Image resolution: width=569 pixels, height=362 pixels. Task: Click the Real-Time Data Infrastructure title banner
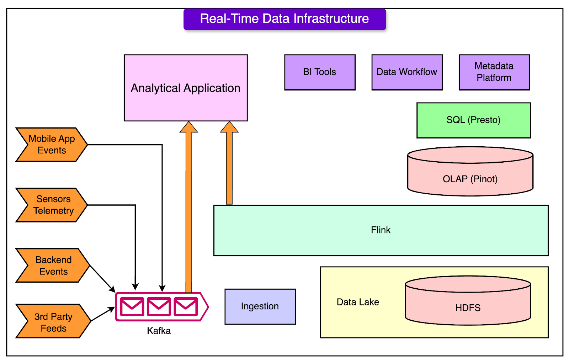pos(284,19)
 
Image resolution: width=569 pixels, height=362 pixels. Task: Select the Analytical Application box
pos(186,88)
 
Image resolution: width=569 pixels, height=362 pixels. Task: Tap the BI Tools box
pos(320,72)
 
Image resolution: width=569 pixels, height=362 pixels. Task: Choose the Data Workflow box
pos(407,72)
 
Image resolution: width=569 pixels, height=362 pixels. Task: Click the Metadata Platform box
pos(494,72)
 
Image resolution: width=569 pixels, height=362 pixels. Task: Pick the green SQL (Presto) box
pos(473,120)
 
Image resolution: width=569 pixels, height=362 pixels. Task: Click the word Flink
pos(381,230)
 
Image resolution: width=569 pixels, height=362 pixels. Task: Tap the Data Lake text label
pos(358,302)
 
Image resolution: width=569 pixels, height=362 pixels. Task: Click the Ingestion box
pos(260,306)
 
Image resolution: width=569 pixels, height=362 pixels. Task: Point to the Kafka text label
pos(159,331)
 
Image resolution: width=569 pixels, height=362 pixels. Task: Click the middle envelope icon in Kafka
pos(159,306)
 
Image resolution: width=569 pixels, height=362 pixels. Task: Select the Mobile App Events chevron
pos(52,145)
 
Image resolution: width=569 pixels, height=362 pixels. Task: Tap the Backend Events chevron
pos(53,266)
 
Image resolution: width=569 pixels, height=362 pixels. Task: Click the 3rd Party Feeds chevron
pos(53,321)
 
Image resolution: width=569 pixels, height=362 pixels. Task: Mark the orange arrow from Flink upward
pos(229,167)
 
